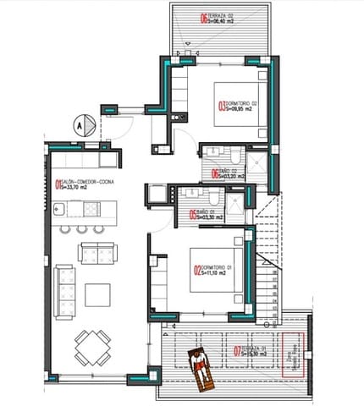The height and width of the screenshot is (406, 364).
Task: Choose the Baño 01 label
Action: (207, 215)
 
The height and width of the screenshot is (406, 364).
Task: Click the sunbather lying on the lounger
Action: (199, 368)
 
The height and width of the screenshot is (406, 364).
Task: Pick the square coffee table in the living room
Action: (97, 294)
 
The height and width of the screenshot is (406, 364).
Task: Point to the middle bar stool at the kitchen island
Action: (81, 228)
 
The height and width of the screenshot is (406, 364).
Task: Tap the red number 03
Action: (223, 107)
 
